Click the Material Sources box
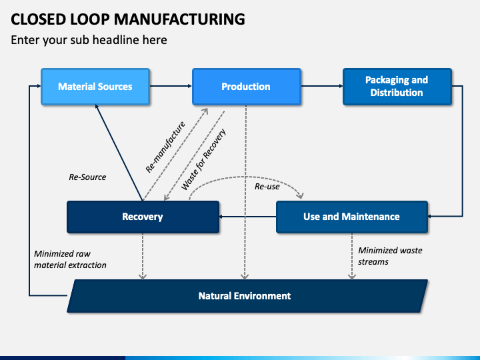click(x=95, y=87)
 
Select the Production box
click(x=247, y=87)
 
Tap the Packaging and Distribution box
click(x=397, y=87)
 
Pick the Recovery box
click(x=143, y=217)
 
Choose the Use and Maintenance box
click(x=352, y=217)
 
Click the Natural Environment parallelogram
click(x=247, y=296)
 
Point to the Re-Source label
click(x=87, y=177)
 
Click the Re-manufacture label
click(x=165, y=147)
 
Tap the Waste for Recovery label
click(x=203, y=159)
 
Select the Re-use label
click(x=267, y=187)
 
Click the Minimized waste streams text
click(x=390, y=256)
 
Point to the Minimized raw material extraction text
click(x=70, y=259)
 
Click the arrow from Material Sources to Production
click(x=171, y=86)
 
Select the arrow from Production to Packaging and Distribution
click(x=322, y=86)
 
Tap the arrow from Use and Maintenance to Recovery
click(x=247, y=217)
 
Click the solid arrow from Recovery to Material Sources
click(x=119, y=153)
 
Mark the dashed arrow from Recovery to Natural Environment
click(x=143, y=257)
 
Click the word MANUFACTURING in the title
click(x=179, y=19)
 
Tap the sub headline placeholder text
click(x=89, y=40)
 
